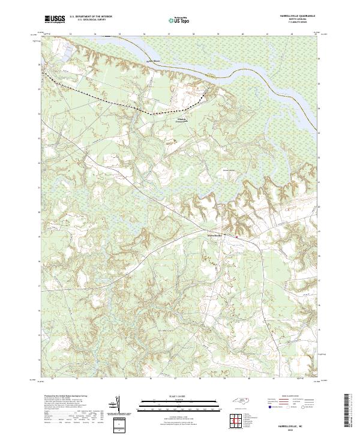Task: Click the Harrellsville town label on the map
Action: pos(214,235)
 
